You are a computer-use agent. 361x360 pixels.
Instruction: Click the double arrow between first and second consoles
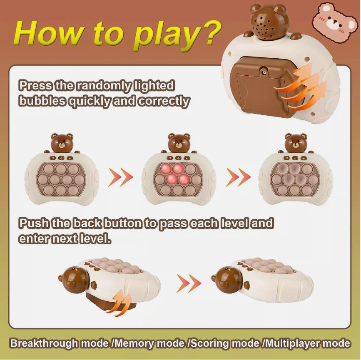[121, 178]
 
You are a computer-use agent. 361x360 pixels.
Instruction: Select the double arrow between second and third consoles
[238, 178]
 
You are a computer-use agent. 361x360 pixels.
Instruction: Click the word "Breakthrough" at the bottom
[44, 344]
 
